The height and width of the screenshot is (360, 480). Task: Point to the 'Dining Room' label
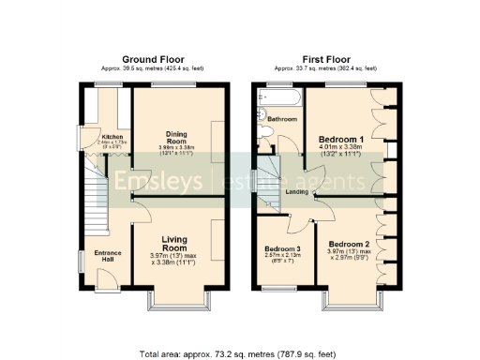tap(177, 137)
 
